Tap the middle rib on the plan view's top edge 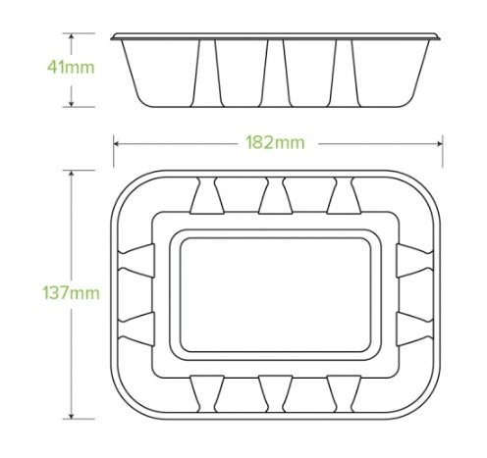point(274,197)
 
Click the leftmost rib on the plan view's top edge point(204,197)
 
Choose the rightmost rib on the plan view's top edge point(344,197)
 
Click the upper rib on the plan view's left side point(135,261)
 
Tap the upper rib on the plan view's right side point(413,261)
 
